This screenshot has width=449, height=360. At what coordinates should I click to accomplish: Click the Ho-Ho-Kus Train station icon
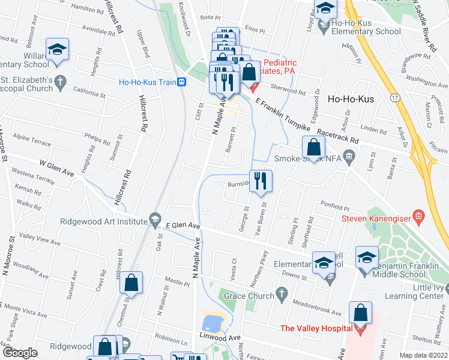point(181,82)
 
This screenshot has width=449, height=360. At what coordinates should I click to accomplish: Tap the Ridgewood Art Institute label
point(104,220)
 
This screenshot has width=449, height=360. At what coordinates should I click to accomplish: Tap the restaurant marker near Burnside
point(260,181)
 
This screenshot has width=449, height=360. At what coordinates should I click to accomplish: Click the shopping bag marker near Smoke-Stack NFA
point(314,146)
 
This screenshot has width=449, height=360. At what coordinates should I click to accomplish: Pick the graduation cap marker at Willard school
point(58,49)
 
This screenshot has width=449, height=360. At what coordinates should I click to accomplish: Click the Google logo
point(20,353)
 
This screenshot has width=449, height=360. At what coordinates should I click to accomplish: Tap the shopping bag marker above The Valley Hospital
point(361,313)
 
